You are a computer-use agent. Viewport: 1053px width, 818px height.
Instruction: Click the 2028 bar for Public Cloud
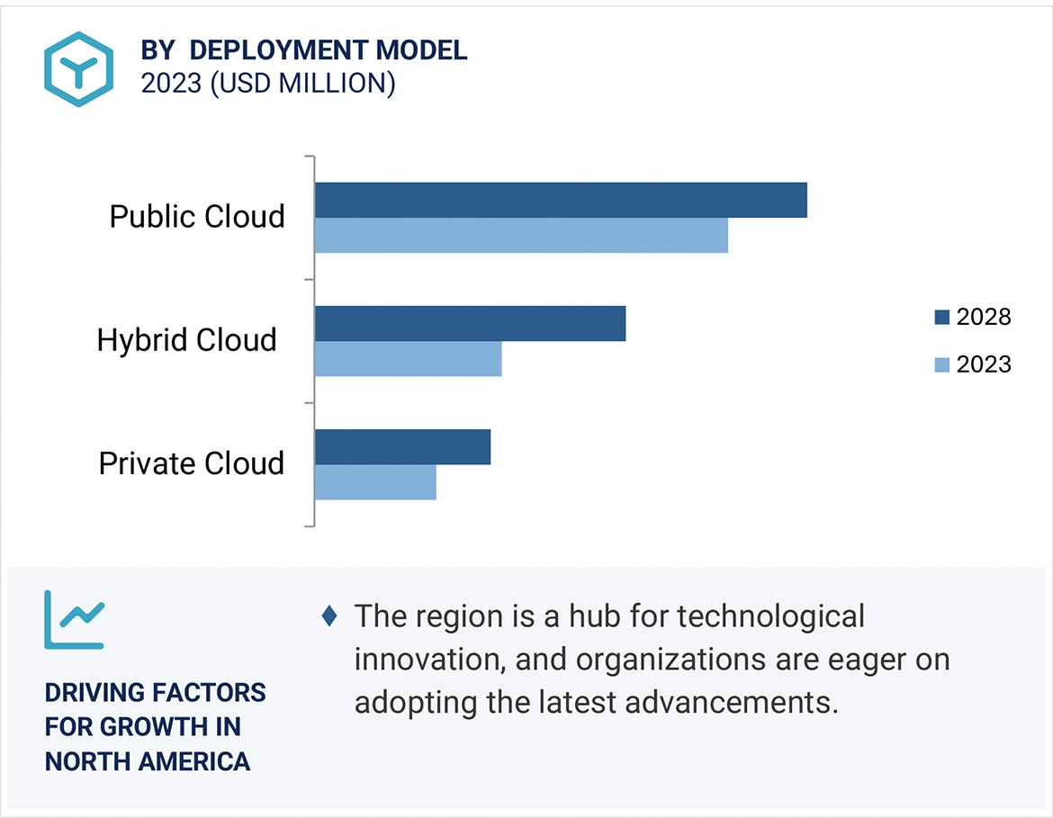561,200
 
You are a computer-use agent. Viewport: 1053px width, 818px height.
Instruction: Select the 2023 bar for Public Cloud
521,235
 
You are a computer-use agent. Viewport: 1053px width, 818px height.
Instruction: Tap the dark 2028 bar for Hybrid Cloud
470,323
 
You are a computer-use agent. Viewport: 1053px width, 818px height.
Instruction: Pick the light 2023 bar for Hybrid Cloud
408,359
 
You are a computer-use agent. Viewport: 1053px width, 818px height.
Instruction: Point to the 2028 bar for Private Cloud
402,446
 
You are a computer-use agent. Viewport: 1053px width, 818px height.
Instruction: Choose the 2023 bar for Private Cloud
375,482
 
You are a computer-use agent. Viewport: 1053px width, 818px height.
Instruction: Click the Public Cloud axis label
197,217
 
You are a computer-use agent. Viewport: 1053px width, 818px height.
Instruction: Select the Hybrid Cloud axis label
187,340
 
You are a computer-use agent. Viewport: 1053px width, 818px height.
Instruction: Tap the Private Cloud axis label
191,463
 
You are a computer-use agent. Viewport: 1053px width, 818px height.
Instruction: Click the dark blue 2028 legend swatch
942,317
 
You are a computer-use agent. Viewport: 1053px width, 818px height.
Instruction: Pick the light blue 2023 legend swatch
942,364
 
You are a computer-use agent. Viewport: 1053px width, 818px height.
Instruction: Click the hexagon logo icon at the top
79,69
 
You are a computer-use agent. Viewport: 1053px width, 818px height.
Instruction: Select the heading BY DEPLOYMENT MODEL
304,50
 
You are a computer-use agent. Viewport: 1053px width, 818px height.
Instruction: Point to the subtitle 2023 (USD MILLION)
268,84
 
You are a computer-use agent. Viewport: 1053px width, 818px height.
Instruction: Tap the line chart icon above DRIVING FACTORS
75,620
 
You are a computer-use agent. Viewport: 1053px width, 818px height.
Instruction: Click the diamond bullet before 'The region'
329,616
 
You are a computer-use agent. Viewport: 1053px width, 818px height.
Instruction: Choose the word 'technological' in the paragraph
770,616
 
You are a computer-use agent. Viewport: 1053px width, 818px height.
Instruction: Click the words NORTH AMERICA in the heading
148,761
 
